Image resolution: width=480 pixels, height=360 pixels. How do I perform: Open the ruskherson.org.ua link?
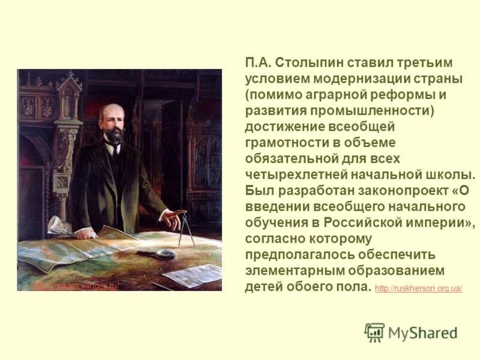tap(418, 289)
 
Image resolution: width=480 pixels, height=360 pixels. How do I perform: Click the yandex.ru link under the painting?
tap(75, 286)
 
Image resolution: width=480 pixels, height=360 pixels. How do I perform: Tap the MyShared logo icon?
tap(374, 332)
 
